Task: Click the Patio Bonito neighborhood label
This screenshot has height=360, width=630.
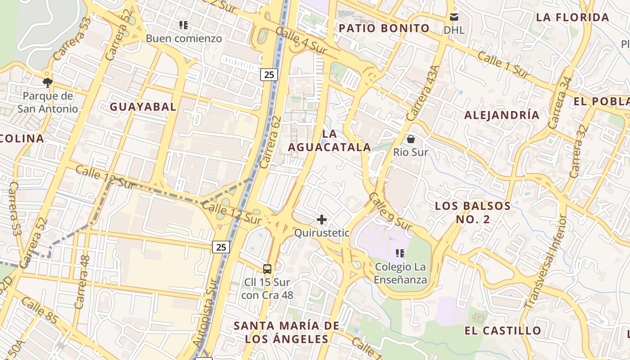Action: click(384, 28)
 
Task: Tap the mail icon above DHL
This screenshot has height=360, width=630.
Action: click(454, 17)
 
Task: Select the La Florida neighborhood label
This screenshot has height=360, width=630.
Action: click(572, 18)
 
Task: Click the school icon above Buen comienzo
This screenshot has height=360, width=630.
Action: click(183, 25)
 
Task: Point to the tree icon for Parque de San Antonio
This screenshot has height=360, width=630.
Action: click(47, 82)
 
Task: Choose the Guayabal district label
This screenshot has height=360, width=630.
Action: click(143, 107)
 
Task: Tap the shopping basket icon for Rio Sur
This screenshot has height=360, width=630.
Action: click(410, 139)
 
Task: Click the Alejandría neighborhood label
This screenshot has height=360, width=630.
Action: click(501, 115)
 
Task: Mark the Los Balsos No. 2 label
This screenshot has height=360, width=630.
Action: click(472, 213)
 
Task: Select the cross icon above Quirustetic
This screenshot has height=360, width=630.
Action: click(322, 220)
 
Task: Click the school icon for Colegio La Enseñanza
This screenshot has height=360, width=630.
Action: click(400, 253)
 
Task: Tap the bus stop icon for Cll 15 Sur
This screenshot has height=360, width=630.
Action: click(267, 269)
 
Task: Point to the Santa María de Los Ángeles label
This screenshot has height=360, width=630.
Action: click(287, 332)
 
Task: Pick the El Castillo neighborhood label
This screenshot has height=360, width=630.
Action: click(503, 331)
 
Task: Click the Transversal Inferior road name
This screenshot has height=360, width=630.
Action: click(545, 261)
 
